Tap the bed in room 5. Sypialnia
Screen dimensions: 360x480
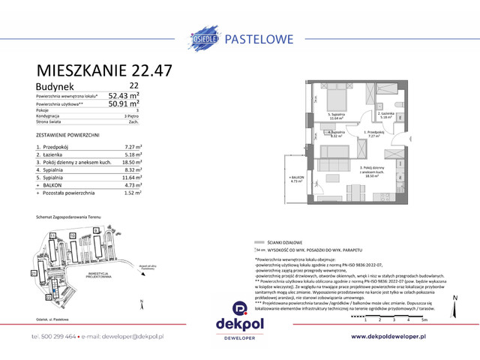[336, 101]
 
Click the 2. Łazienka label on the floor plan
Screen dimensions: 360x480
[387, 115]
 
